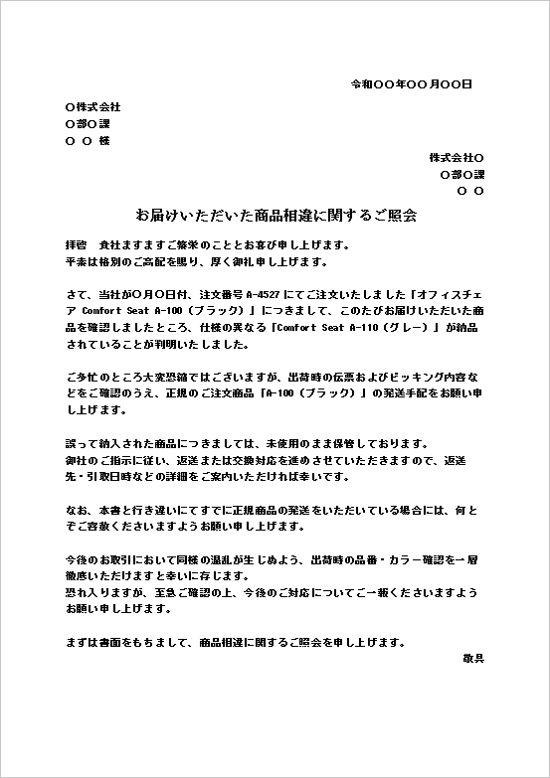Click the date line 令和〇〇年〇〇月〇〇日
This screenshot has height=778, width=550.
point(411,84)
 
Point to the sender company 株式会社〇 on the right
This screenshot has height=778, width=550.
point(457,157)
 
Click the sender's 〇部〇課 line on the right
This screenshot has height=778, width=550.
point(461,174)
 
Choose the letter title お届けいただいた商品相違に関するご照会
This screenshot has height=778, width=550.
point(275,215)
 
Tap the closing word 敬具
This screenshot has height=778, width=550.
point(473,658)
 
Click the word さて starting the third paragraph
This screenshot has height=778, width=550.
point(74,295)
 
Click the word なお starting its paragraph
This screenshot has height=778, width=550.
point(74,508)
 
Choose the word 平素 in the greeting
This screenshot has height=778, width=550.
point(74,261)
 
